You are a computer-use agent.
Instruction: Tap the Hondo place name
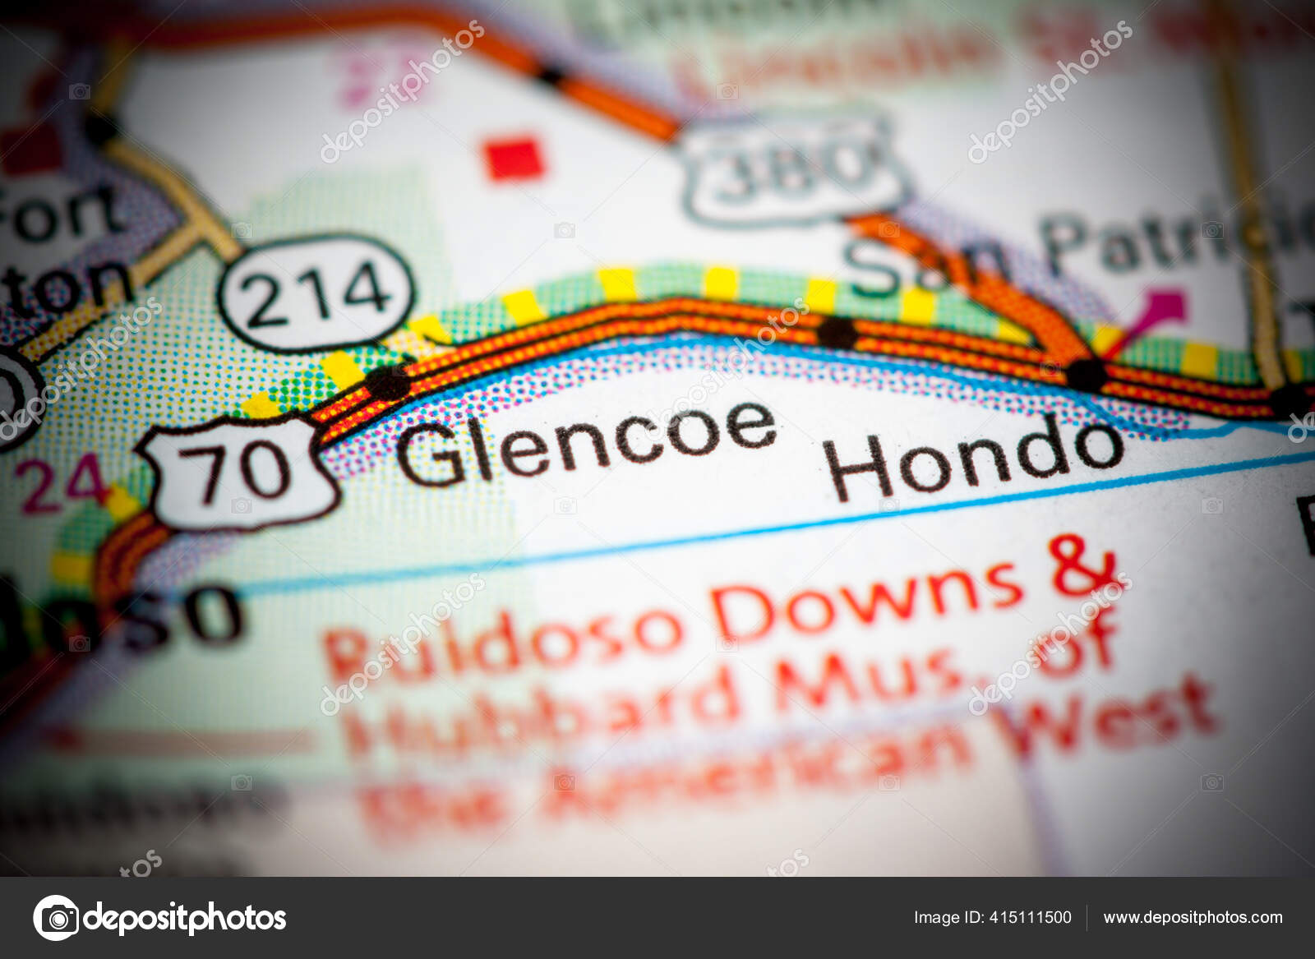point(975,457)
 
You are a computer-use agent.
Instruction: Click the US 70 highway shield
point(244,471)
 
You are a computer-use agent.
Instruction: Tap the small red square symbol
point(514,158)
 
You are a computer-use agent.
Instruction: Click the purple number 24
point(64,485)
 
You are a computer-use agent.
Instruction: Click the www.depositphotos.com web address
point(1193,917)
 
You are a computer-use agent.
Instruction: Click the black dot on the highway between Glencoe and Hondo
point(836,332)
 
